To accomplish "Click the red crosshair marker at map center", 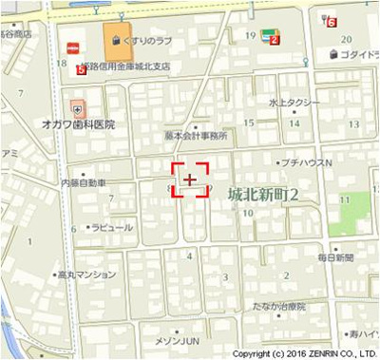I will [190, 179].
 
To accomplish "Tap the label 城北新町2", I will [263, 195].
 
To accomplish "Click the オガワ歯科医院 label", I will [78, 124].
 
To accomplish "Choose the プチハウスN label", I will [308, 162].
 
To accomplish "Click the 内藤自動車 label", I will [83, 181].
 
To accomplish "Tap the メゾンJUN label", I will [178, 340].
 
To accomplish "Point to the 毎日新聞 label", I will [335, 258].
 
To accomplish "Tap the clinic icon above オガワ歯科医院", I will [76, 109].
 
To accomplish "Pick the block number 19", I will [251, 35].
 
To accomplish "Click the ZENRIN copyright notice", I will [304, 352].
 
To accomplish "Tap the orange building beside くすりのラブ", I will [117, 41].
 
